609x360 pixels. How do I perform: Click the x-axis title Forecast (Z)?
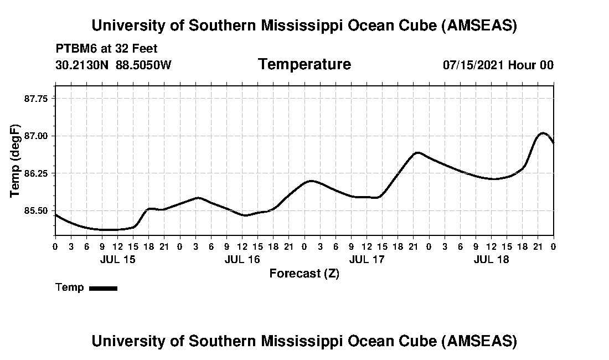[x=304, y=274]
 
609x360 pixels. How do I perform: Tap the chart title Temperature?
[x=304, y=65]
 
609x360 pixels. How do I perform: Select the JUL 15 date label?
[x=117, y=259]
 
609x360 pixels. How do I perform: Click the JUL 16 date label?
[x=242, y=259]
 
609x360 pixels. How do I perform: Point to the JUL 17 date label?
[x=367, y=259]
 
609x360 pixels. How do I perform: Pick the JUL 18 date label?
[x=491, y=259]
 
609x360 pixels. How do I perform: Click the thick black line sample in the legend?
[x=103, y=288]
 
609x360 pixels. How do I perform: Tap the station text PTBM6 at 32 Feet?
[x=106, y=49]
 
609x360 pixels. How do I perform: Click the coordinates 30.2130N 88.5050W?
[x=113, y=65]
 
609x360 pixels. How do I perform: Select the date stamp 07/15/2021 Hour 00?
[x=498, y=65]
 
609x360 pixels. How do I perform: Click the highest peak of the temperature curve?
[x=543, y=133]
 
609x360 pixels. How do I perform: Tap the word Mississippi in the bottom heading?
[x=304, y=341]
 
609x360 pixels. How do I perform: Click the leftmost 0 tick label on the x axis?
[x=55, y=246]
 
